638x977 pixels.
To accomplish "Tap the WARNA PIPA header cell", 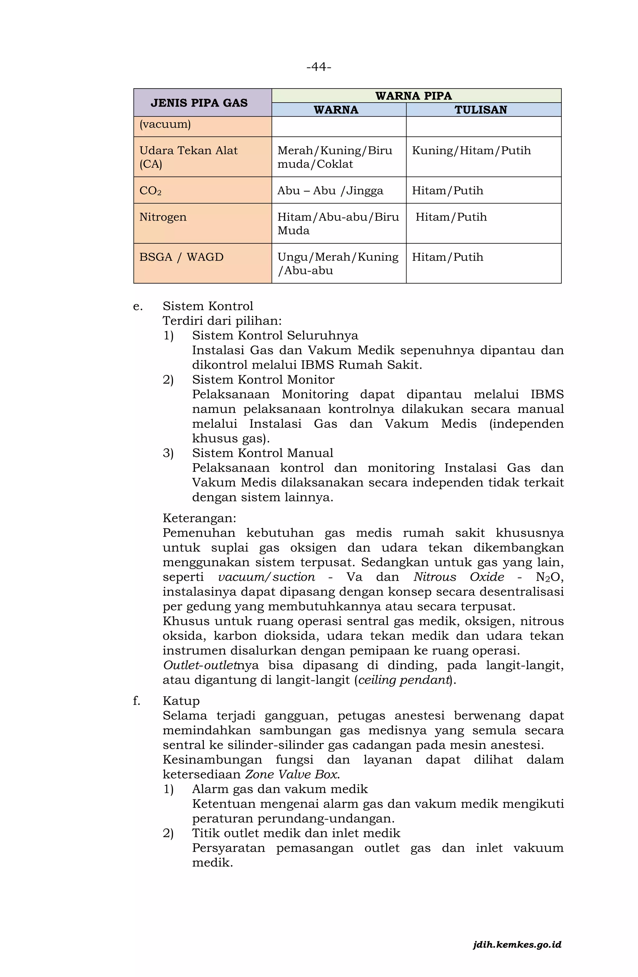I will point(413,96).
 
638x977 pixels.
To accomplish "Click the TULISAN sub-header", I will point(481,109).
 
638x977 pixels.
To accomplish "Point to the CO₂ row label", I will point(150,191).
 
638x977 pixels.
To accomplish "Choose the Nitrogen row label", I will point(163,217).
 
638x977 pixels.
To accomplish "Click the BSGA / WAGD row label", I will point(181,257).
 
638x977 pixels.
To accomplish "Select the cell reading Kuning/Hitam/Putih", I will point(471,150).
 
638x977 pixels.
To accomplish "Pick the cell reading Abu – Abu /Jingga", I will point(330,191).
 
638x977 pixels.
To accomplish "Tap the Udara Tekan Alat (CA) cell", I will point(188,157).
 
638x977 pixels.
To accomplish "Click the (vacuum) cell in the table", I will point(165,124).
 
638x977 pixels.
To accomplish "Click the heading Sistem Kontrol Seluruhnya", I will point(275,335).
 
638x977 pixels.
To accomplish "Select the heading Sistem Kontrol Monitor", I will point(263,379).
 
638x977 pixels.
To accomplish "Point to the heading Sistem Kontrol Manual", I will point(262,453).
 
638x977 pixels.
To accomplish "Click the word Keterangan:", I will point(199,518).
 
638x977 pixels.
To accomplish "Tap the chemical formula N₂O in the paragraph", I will point(549,577).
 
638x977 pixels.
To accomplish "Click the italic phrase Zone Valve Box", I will point(292,774).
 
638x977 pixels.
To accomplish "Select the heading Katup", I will point(181,701).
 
